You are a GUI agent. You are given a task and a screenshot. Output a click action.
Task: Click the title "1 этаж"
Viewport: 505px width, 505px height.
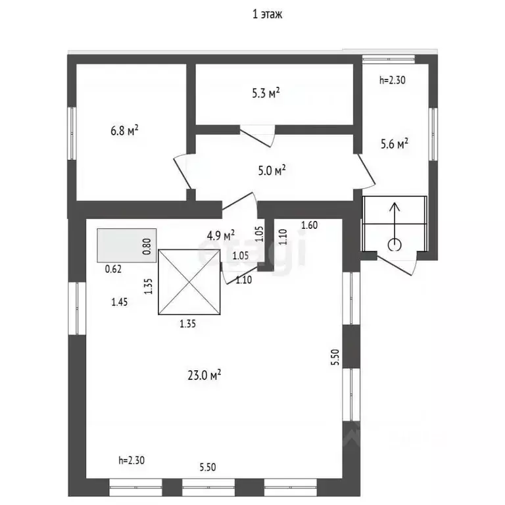pos(267,14)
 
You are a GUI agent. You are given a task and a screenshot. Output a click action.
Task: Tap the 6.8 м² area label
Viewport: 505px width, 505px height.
pos(124,132)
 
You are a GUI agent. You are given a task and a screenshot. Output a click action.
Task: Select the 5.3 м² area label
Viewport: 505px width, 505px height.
pos(266,93)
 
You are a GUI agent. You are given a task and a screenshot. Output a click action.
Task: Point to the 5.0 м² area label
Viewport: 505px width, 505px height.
pos(271,171)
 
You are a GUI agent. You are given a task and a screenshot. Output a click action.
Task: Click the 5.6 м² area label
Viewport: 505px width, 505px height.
pos(395,143)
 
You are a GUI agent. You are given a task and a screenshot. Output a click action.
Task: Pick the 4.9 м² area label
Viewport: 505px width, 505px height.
pos(221,235)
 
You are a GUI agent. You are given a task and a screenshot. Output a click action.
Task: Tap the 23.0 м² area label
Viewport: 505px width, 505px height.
pos(204,375)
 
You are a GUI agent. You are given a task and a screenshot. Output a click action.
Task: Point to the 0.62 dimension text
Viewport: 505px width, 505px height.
pos(114,268)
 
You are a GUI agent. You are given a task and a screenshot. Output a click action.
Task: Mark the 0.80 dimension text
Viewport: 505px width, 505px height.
pos(147,245)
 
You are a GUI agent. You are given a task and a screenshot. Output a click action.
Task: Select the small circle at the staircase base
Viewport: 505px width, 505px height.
pos(395,245)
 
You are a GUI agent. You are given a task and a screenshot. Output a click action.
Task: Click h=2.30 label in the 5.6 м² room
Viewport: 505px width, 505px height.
pos(393,81)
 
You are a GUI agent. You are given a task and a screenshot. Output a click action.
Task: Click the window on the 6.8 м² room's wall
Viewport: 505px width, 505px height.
pos(72,133)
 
